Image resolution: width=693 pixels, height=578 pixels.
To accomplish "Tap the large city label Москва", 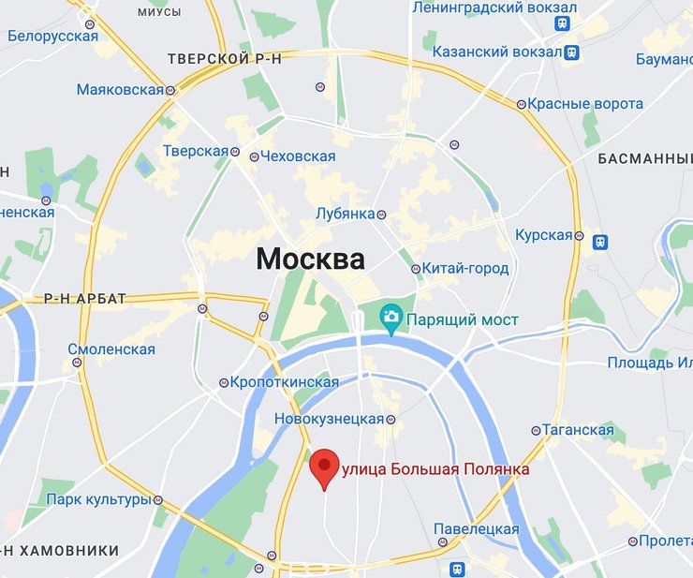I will [310, 259].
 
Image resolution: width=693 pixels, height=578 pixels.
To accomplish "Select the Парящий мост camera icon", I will [391, 319].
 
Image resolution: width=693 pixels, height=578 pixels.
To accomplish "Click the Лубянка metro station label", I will [345, 214].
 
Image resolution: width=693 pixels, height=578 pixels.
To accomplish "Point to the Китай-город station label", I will [464, 269].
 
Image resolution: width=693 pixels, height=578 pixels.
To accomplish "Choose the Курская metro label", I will [543, 235].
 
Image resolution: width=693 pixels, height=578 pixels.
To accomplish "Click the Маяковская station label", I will [120, 90].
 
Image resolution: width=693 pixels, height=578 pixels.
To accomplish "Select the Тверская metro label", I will [195, 152].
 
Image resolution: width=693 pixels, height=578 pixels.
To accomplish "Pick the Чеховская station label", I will [298, 156].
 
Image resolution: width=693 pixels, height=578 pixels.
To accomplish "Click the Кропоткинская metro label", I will [285, 382].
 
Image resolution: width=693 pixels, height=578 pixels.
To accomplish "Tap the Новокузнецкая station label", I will [329, 419].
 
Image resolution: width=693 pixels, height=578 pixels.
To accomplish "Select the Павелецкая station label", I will [476, 529].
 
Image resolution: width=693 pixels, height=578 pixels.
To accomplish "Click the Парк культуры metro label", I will [98, 499].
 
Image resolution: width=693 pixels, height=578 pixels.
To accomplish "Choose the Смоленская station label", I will [111, 349].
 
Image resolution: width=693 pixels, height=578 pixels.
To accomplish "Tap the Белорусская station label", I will [52, 37].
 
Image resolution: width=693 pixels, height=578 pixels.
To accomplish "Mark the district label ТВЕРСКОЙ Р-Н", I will [224, 59].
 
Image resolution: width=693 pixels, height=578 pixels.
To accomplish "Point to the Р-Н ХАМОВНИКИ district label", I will [60, 550].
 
